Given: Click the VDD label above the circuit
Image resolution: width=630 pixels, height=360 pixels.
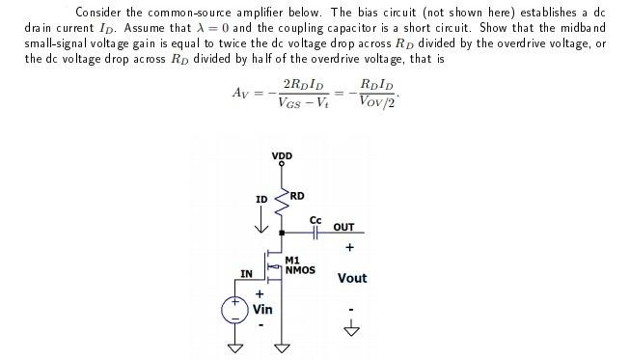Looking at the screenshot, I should click(x=282, y=155).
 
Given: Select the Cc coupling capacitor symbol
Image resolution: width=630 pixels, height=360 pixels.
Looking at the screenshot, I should click(x=315, y=233).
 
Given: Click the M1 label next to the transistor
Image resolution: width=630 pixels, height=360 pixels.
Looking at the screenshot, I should click(x=292, y=260).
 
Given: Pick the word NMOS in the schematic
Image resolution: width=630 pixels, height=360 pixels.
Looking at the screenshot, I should click(x=300, y=270).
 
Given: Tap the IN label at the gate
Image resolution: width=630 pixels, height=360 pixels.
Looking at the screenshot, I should click(x=247, y=274).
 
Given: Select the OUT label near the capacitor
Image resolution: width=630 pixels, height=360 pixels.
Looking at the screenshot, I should click(x=343, y=228).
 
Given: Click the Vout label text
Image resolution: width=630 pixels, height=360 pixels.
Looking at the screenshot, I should click(x=352, y=278).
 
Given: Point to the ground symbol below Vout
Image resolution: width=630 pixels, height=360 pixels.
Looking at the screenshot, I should click(x=352, y=330).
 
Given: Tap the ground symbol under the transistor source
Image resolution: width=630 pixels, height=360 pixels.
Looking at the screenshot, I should click(x=282, y=346).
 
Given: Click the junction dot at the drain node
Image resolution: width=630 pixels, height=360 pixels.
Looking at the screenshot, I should click(x=282, y=233).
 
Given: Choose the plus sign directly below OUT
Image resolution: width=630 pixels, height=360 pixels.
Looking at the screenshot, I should click(x=350, y=247).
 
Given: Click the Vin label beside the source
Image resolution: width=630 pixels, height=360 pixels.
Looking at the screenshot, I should click(x=261, y=310).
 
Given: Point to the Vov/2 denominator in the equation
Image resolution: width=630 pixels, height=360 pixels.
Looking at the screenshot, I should click(x=376, y=102).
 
